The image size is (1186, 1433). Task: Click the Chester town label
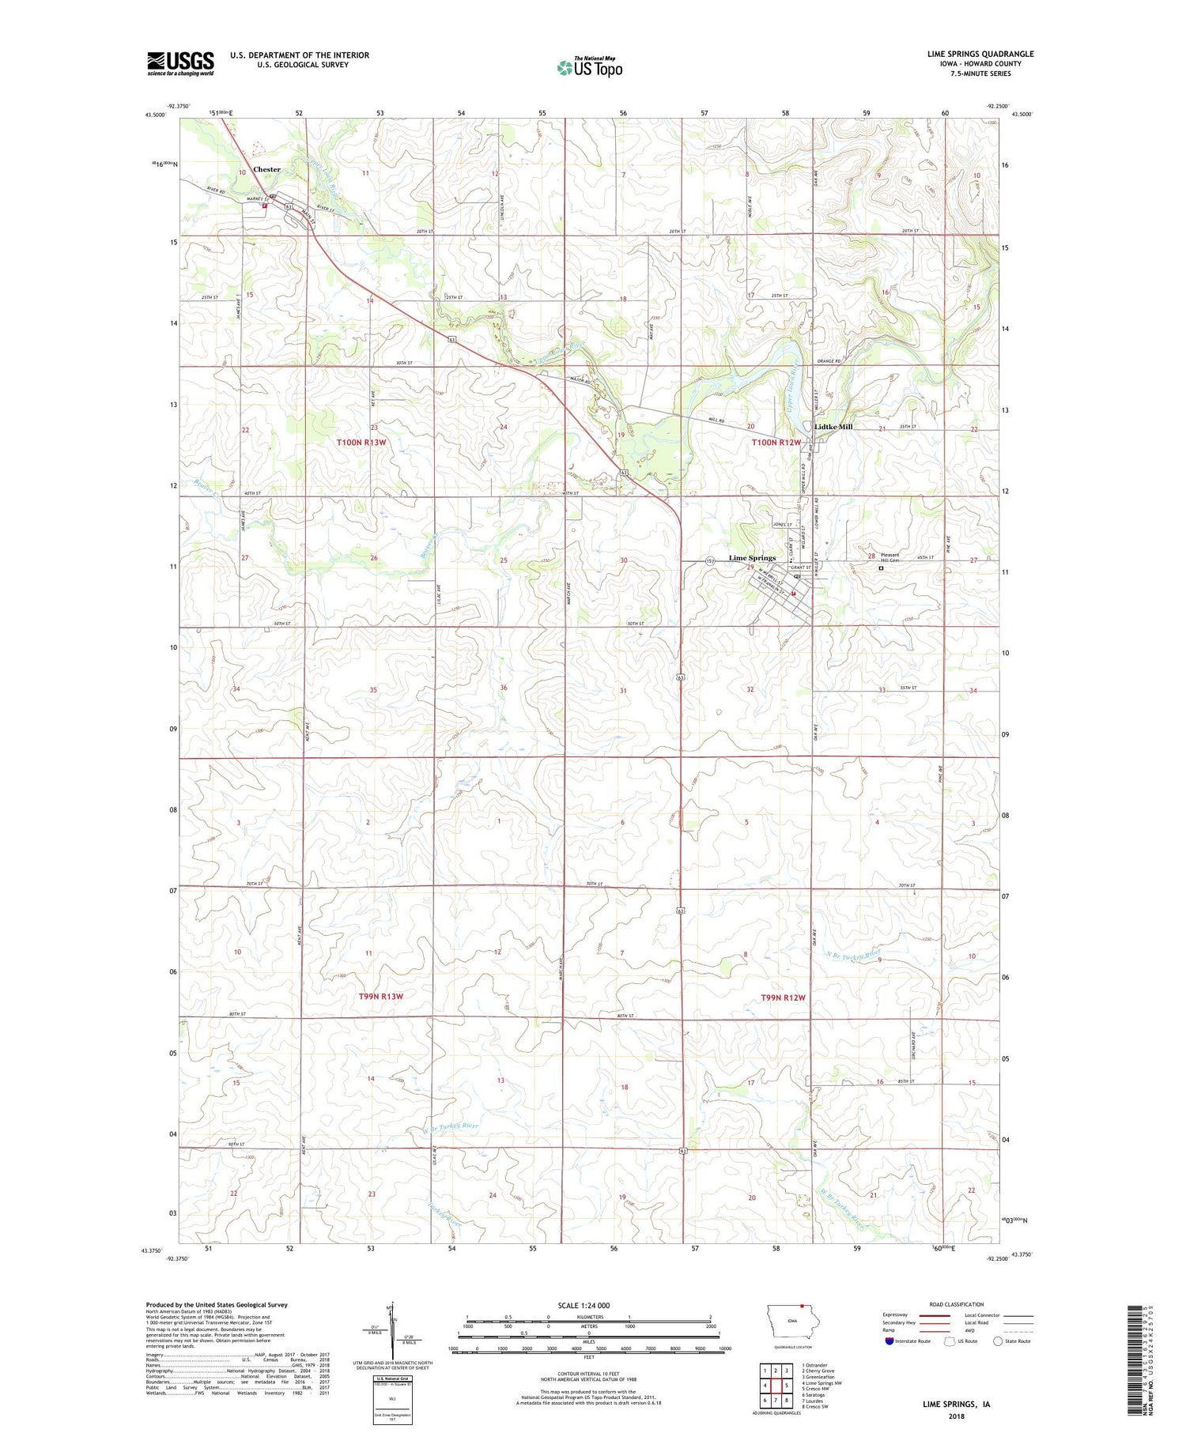(x=266, y=169)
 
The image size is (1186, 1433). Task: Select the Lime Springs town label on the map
(x=752, y=558)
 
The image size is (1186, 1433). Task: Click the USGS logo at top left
(x=180, y=63)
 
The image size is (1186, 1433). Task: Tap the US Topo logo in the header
(x=589, y=68)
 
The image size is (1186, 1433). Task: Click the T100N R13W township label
(x=361, y=443)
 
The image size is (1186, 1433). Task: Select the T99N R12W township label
(x=783, y=997)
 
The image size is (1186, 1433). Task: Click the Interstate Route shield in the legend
(x=889, y=1341)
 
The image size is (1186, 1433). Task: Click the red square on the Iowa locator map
(x=801, y=1306)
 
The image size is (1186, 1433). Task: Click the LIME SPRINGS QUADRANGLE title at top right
(x=980, y=54)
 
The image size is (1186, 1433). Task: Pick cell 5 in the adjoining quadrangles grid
(x=787, y=1385)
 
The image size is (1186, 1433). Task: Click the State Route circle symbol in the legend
(x=998, y=1341)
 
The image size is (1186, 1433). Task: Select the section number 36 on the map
(x=504, y=688)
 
